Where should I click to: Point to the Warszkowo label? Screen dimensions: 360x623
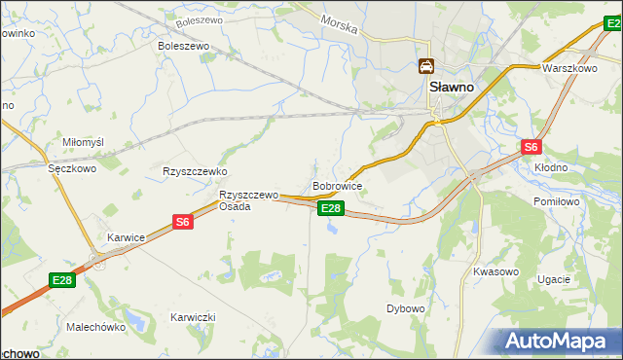(569, 69)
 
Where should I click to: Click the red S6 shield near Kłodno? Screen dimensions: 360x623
(531, 147)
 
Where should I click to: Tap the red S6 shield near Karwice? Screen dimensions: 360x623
(183, 222)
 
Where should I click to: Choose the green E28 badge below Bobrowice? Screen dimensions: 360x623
(331, 208)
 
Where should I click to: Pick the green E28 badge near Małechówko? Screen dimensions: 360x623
(62, 280)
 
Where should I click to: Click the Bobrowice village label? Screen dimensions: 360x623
(338, 185)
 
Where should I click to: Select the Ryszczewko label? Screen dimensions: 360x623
(195, 170)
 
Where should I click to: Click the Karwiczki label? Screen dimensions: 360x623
(192, 318)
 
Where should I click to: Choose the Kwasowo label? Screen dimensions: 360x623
(495, 271)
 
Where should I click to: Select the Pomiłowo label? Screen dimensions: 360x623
(557, 200)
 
